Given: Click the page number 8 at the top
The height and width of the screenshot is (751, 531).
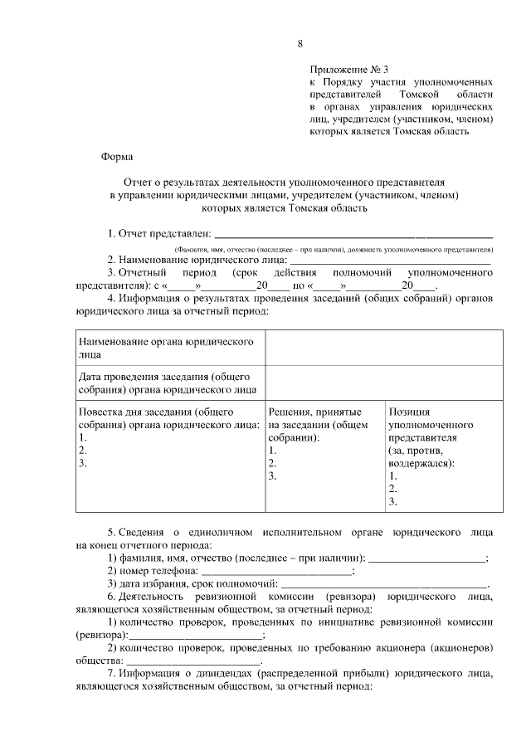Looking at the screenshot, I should (x=301, y=43).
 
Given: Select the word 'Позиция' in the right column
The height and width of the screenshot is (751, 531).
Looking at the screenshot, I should (x=408, y=411).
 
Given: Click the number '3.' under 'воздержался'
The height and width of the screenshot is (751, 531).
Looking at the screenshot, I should (x=393, y=502).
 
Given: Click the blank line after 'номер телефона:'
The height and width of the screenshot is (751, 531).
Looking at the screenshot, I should (x=277, y=571).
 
